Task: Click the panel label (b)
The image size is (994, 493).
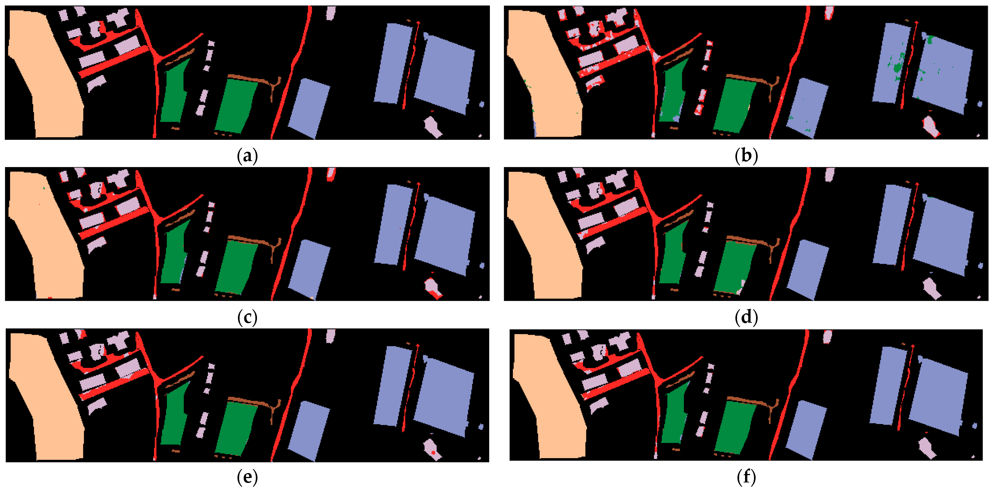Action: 746,156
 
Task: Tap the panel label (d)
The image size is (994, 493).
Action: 746,317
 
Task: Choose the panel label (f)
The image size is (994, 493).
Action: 746,478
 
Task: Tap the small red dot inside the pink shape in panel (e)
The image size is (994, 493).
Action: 433,452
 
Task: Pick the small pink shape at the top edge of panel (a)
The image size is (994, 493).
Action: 331,13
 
